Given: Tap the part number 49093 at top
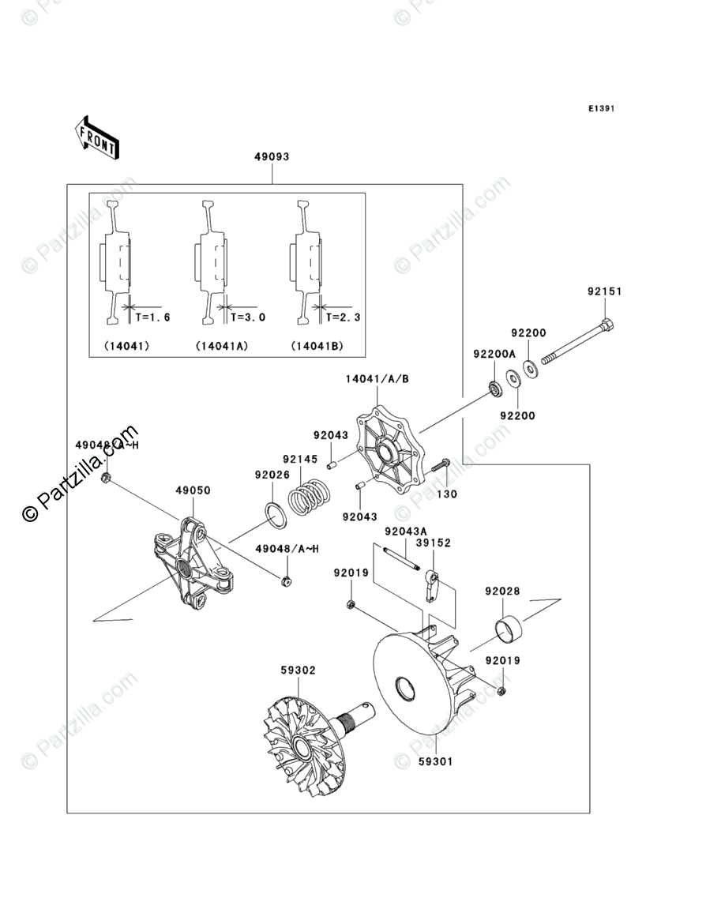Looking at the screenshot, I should tap(271, 157).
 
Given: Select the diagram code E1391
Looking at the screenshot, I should tap(600, 109).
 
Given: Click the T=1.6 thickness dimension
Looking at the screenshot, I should tap(152, 317).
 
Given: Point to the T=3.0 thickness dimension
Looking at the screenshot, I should tap(247, 317).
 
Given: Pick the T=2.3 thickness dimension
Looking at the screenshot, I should tap(343, 317).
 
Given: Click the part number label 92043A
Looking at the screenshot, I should tap(406, 531).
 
